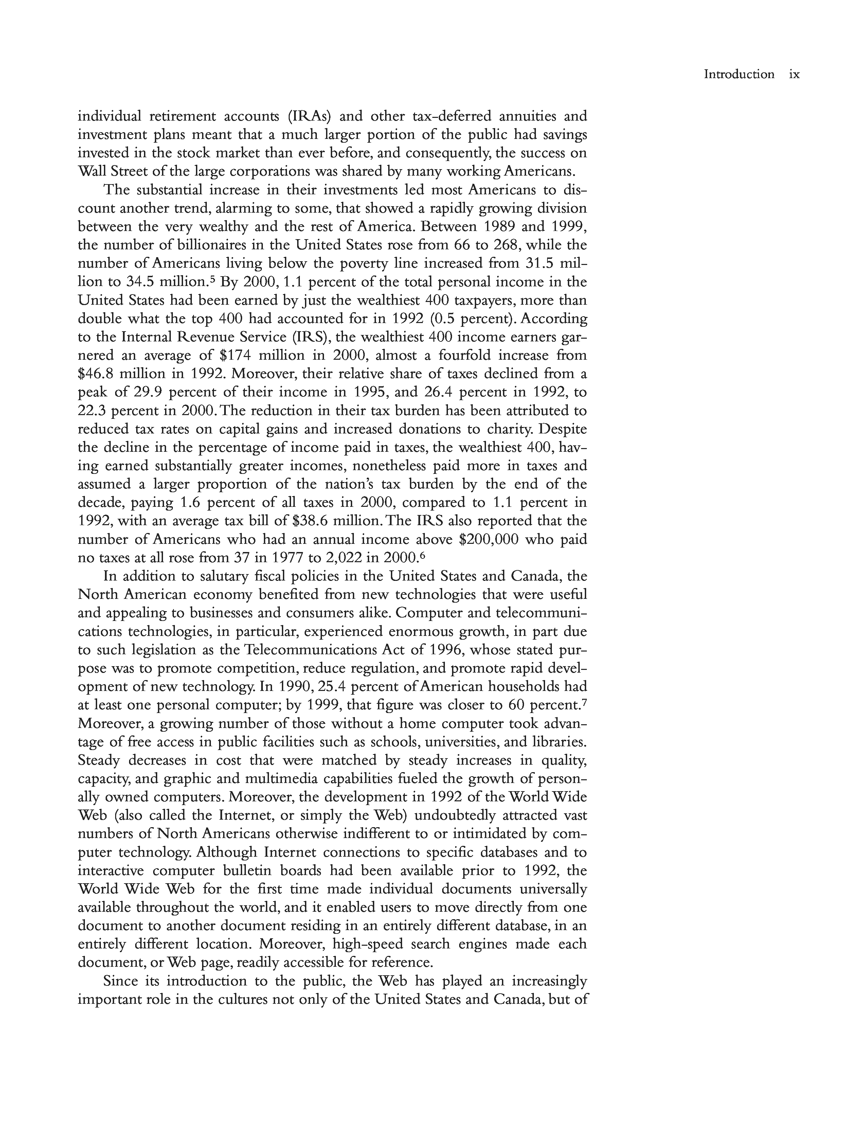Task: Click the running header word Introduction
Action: [739, 74]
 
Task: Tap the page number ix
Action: [794, 74]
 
